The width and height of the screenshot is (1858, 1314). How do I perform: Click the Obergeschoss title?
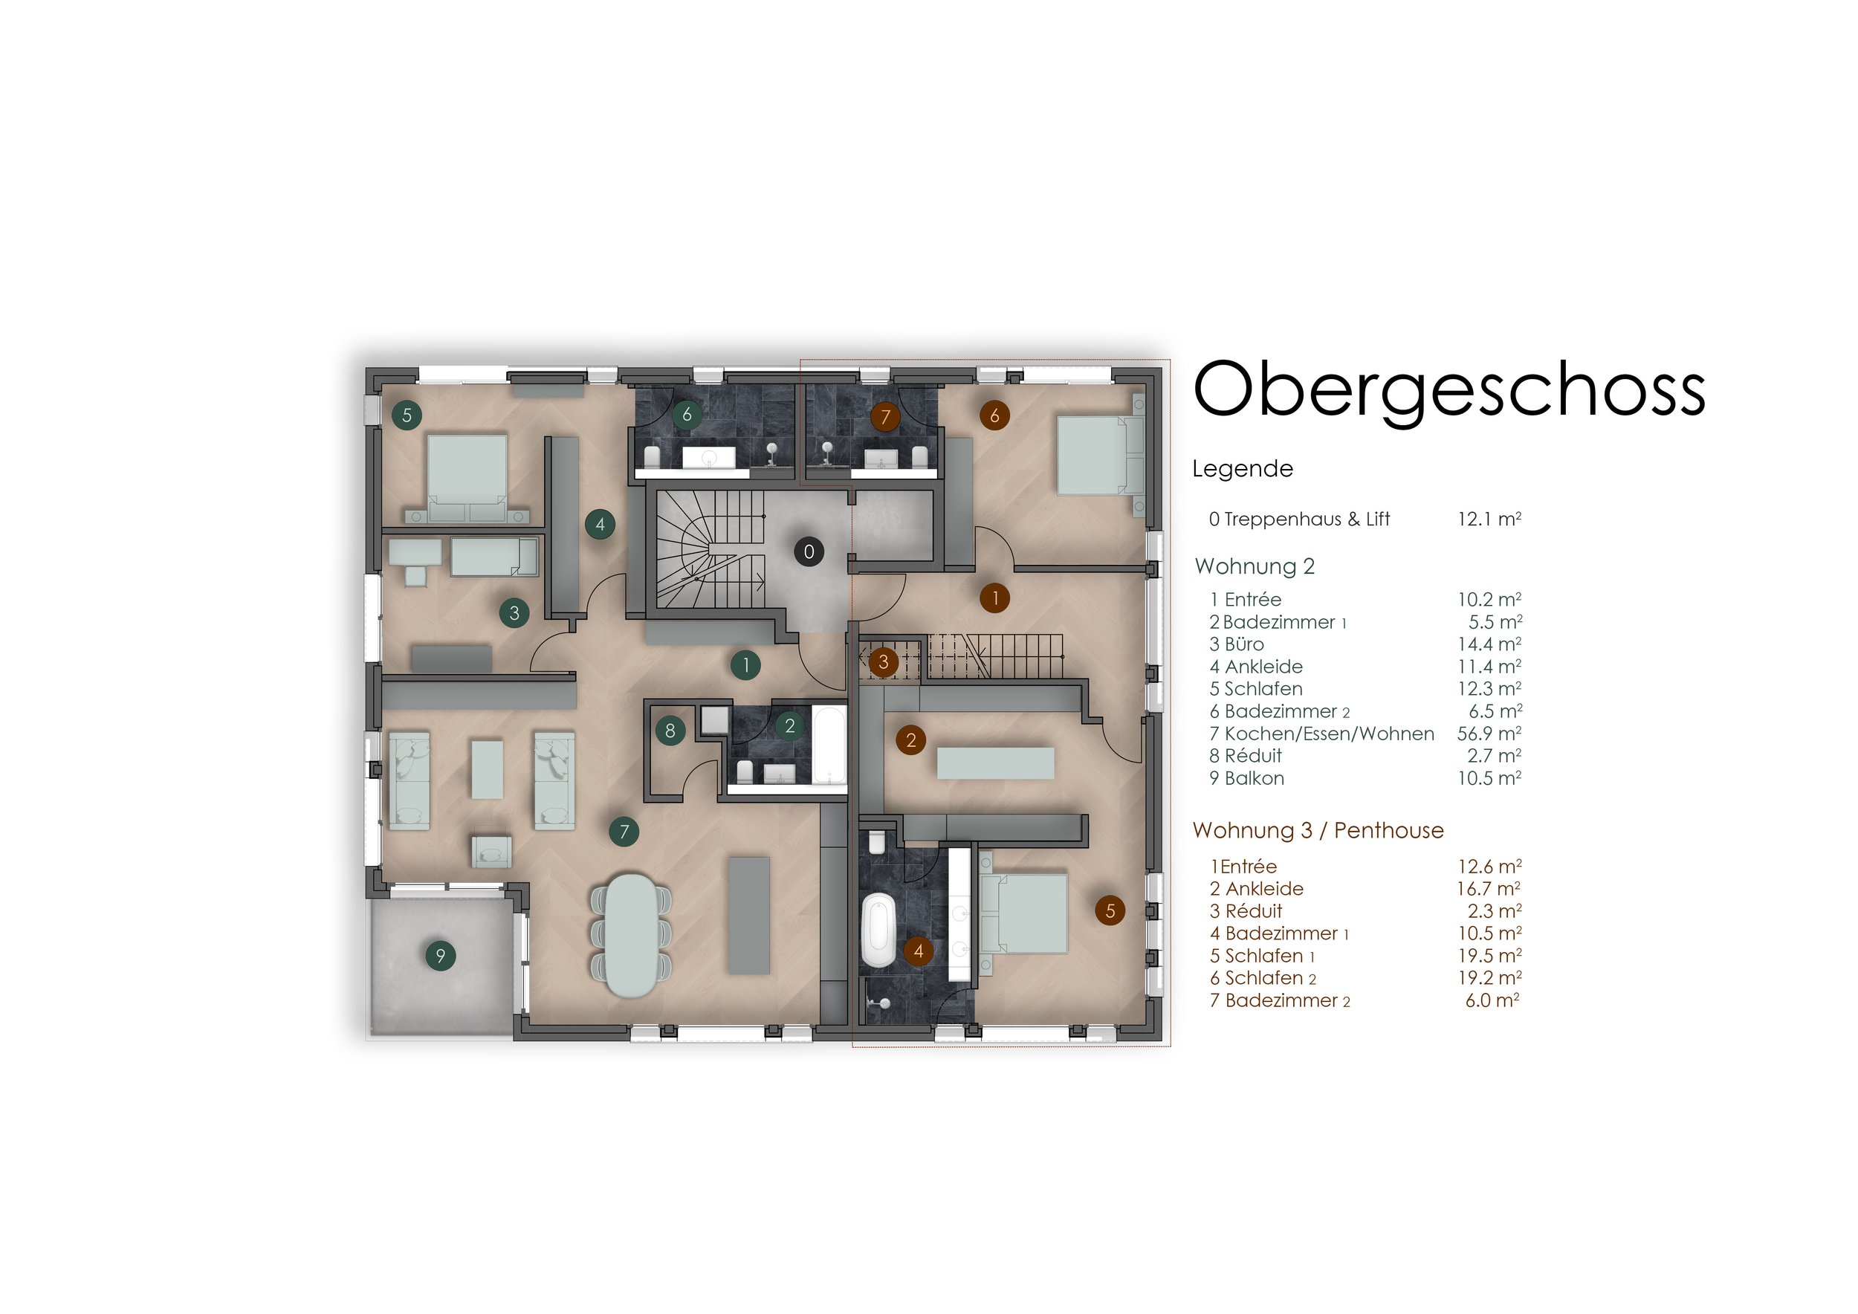pyautogui.click(x=1448, y=391)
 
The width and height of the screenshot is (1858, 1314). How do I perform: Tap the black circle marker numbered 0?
pyautogui.click(x=809, y=551)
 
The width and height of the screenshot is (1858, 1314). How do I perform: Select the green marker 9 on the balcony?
pyautogui.click(x=440, y=956)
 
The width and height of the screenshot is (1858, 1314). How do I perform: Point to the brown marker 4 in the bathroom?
pyautogui.click(x=918, y=951)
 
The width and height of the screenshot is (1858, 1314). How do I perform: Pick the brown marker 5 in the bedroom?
pyautogui.click(x=1110, y=910)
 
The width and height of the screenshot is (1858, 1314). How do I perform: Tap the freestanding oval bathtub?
pyautogui.click(x=878, y=930)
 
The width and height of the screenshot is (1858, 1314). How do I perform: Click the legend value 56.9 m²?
pyautogui.click(x=1489, y=734)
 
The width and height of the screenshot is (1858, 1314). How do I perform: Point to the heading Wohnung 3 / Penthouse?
pyautogui.click(x=1318, y=830)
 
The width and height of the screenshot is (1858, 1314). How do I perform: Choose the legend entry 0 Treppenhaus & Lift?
pyautogui.click(x=1299, y=520)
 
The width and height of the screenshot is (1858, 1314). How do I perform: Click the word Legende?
pyautogui.click(x=1242, y=468)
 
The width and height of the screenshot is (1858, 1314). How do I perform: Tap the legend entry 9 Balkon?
pyautogui.click(x=1246, y=778)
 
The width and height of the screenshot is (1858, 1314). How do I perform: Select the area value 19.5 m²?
pyautogui.click(x=1489, y=956)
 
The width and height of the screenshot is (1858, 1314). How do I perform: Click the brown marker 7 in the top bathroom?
pyautogui.click(x=885, y=417)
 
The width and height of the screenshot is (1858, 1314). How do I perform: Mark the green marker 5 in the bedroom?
pyautogui.click(x=407, y=415)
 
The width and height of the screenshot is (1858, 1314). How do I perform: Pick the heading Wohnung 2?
pyautogui.click(x=1255, y=566)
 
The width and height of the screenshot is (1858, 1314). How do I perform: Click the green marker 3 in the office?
pyautogui.click(x=514, y=612)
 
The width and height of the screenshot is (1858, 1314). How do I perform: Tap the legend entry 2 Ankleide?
pyautogui.click(x=1256, y=888)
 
